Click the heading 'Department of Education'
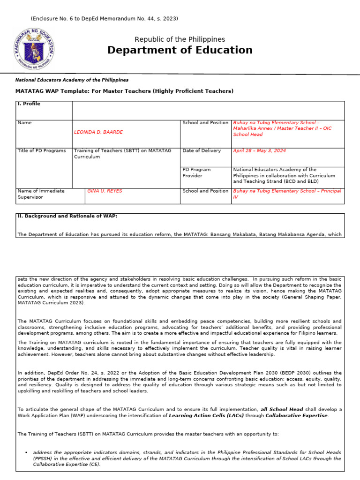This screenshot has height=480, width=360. click(180, 50)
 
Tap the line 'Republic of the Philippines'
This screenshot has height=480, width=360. click(180, 39)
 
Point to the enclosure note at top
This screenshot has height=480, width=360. click(104, 18)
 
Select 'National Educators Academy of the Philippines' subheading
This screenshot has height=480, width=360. click(72, 80)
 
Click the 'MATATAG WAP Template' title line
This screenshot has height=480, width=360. click(124, 91)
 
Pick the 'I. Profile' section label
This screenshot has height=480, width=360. click(29, 104)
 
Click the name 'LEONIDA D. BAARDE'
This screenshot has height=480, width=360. click(98, 132)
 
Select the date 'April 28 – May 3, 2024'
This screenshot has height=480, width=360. click(259, 151)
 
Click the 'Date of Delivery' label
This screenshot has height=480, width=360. click(202, 150)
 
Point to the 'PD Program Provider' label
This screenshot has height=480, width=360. click(196, 172)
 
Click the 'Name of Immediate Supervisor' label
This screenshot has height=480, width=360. click(41, 194)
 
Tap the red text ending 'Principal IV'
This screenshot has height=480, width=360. click(287, 194)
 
